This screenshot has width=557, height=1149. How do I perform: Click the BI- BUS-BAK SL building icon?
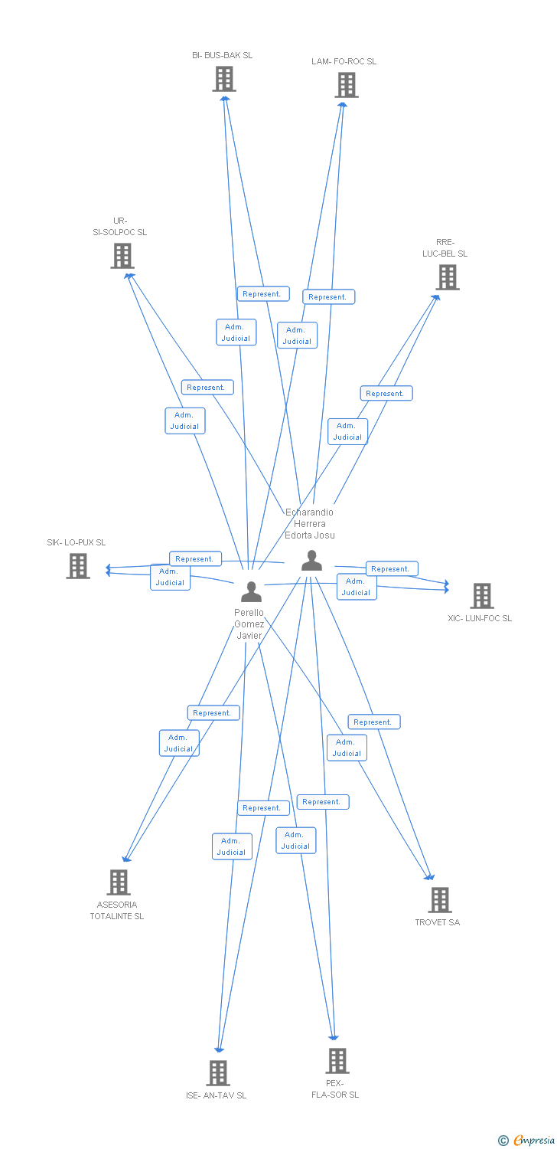(224, 80)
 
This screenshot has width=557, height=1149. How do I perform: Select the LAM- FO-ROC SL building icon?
(347, 85)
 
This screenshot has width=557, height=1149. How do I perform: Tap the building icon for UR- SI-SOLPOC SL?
(122, 256)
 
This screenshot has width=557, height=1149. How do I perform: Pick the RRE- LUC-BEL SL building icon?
(448, 277)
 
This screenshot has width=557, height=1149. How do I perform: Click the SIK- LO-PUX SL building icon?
(78, 566)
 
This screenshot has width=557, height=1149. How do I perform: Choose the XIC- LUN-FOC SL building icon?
(482, 596)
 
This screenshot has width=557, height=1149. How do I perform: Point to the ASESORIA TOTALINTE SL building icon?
(119, 882)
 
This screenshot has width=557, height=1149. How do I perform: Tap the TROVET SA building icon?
(440, 900)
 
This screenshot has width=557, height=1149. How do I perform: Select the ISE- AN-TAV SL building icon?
(218, 1073)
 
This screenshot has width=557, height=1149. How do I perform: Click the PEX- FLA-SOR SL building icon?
(337, 1061)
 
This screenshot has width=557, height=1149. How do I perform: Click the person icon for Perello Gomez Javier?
(252, 591)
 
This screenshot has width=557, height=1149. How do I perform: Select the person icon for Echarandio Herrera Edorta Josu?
(311, 560)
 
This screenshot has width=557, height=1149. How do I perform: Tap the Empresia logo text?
(534, 1140)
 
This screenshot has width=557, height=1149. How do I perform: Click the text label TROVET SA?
(438, 922)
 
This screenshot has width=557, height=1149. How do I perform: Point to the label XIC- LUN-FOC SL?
(480, 618)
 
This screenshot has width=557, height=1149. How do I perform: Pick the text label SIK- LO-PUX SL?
(77, 542)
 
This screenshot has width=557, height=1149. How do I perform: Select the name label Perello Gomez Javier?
(249, 624)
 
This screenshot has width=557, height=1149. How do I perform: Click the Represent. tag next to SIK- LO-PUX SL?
(195, 558)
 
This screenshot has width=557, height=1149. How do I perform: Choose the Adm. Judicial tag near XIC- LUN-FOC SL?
(357, 587)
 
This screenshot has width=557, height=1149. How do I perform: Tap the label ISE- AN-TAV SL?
(217, 1095)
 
